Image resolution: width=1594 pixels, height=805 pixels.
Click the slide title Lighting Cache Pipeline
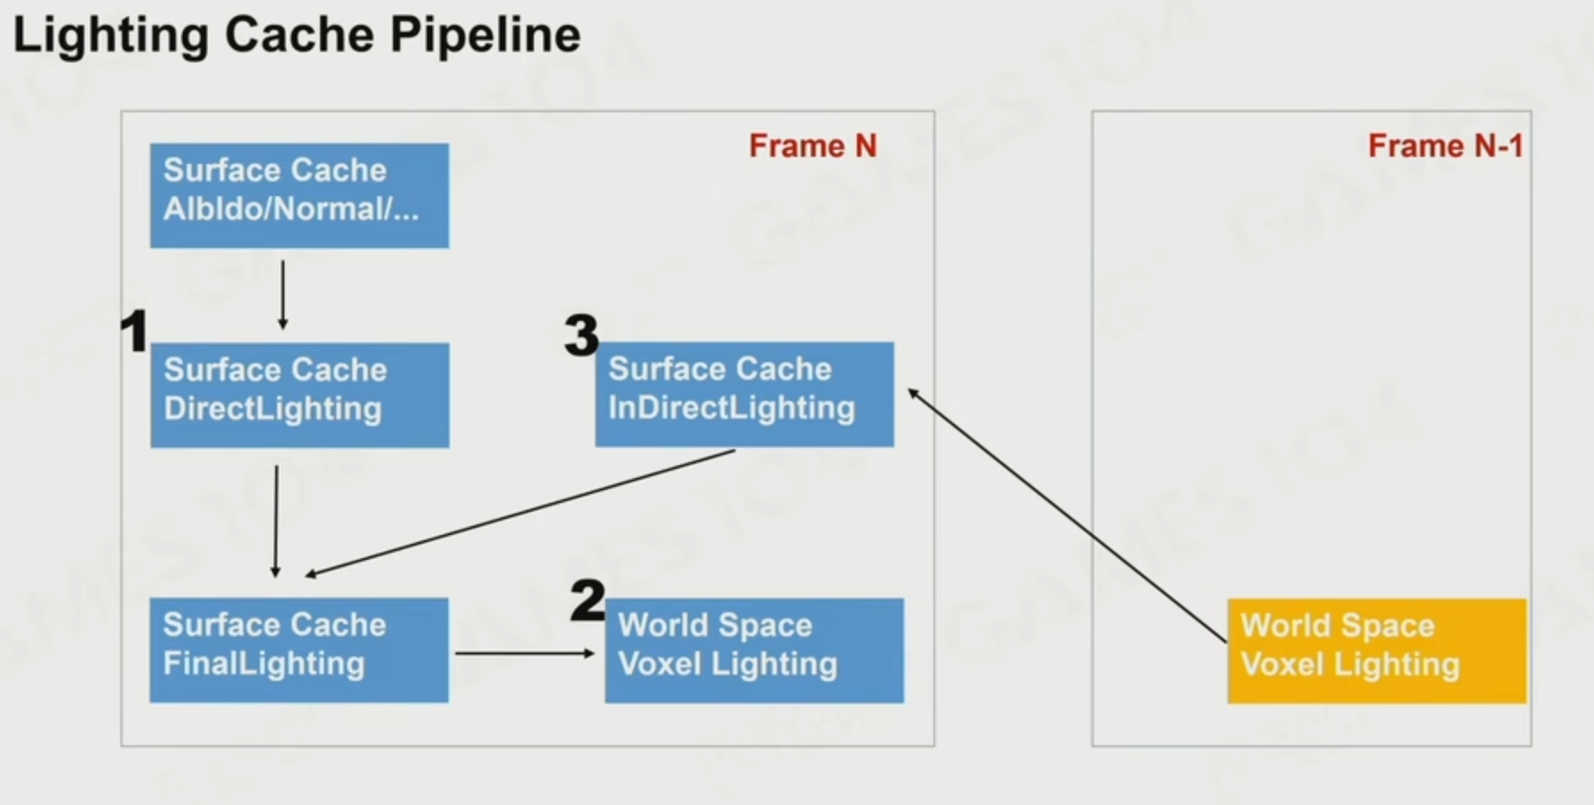pyautogui.click(x=296, y=36)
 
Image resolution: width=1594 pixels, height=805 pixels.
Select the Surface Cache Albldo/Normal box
pyautogui.click(x=300, y=195)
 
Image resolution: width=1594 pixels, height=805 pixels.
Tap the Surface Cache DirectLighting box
pyautogui.click(x=300, y=395)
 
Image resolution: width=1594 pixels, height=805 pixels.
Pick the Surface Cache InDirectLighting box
pyautogui.click(x=744, y=394)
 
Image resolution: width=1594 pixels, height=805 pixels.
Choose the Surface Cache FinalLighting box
pyautogui.click(x=299, y=650)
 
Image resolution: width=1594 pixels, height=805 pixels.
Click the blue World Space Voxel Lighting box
pyautogui.click(x=754, y=651)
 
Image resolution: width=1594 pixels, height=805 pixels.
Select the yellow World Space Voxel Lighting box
pyautogui.click(x=1376, y=651)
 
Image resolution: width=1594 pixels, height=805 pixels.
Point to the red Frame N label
pyautogui.click(x=812, y=145)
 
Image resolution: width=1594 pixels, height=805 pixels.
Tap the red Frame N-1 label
pyautogui.click(x=1445, y=145)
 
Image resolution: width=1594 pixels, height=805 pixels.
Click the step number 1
pyautogui.click(x=134, y=332)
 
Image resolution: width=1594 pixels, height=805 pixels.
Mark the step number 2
pyautogui.click(x=587, y=600)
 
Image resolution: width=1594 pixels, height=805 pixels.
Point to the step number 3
pyautogui.click(x=581, y=336)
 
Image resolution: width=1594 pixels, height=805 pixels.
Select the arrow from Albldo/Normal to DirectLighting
pyautogui.click(x=283, y=294)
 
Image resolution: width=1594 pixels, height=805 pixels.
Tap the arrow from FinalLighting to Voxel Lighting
pyautogui.click(x=524, y=653)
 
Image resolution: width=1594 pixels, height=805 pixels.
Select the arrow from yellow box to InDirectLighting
pyautogui.click(x=1067, y=515)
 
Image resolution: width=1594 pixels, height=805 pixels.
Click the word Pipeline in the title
pyautogui.click(x=485, y=36)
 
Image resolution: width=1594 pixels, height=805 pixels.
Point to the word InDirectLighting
pyautogui.click(x=732, y=408)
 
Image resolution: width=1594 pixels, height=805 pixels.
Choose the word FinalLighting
pyautogui.click(x=264, y=664)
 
